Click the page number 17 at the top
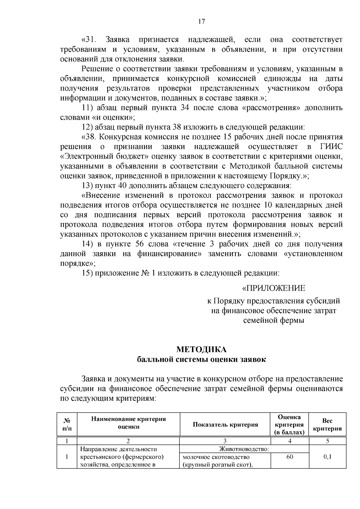pyautogui.click(x=201, y=21)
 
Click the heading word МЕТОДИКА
pyautogui.click(x=201, y=349)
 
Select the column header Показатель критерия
pyautogui.click(x=225, y=424)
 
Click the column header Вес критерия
pyautogui.click(x=327, y=425)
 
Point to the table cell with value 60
pyautogui.click(x=289, y=457)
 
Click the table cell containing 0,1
pyautogui.click(x=327, y=457)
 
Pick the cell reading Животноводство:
pyautogui.click(x=244, y=449)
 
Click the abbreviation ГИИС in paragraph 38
pyautogui.click(x=329, y=147)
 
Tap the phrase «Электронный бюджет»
pyautogui.click(x=103, y=156)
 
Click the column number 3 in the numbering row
pyautogui.click(x=225, y=441)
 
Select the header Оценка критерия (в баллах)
pyautogui.click(x=289, y=424)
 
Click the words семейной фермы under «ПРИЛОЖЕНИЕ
pyautogui.click(x=273, y=320)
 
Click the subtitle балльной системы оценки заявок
pyautogui.click(x=201, y=359)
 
